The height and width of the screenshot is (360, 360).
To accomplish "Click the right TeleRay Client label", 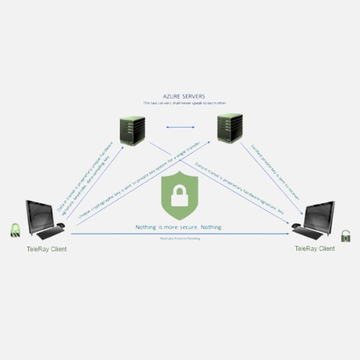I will coord(315,248).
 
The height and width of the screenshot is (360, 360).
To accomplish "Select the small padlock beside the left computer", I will coord(14,230).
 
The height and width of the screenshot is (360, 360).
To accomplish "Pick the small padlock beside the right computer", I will coord(346,235).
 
